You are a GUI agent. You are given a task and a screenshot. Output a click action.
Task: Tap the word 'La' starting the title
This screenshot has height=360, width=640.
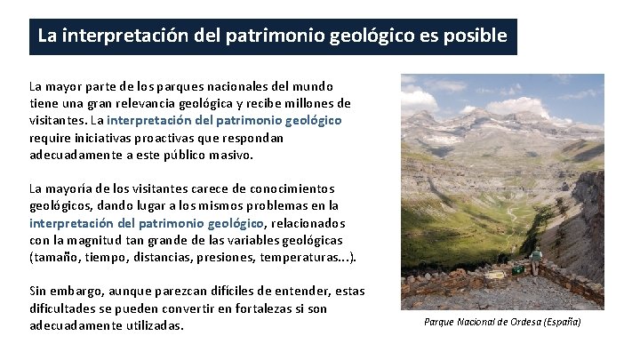tap(47, 36)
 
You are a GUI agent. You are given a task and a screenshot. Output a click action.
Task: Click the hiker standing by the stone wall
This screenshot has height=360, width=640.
tap(536, 261)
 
